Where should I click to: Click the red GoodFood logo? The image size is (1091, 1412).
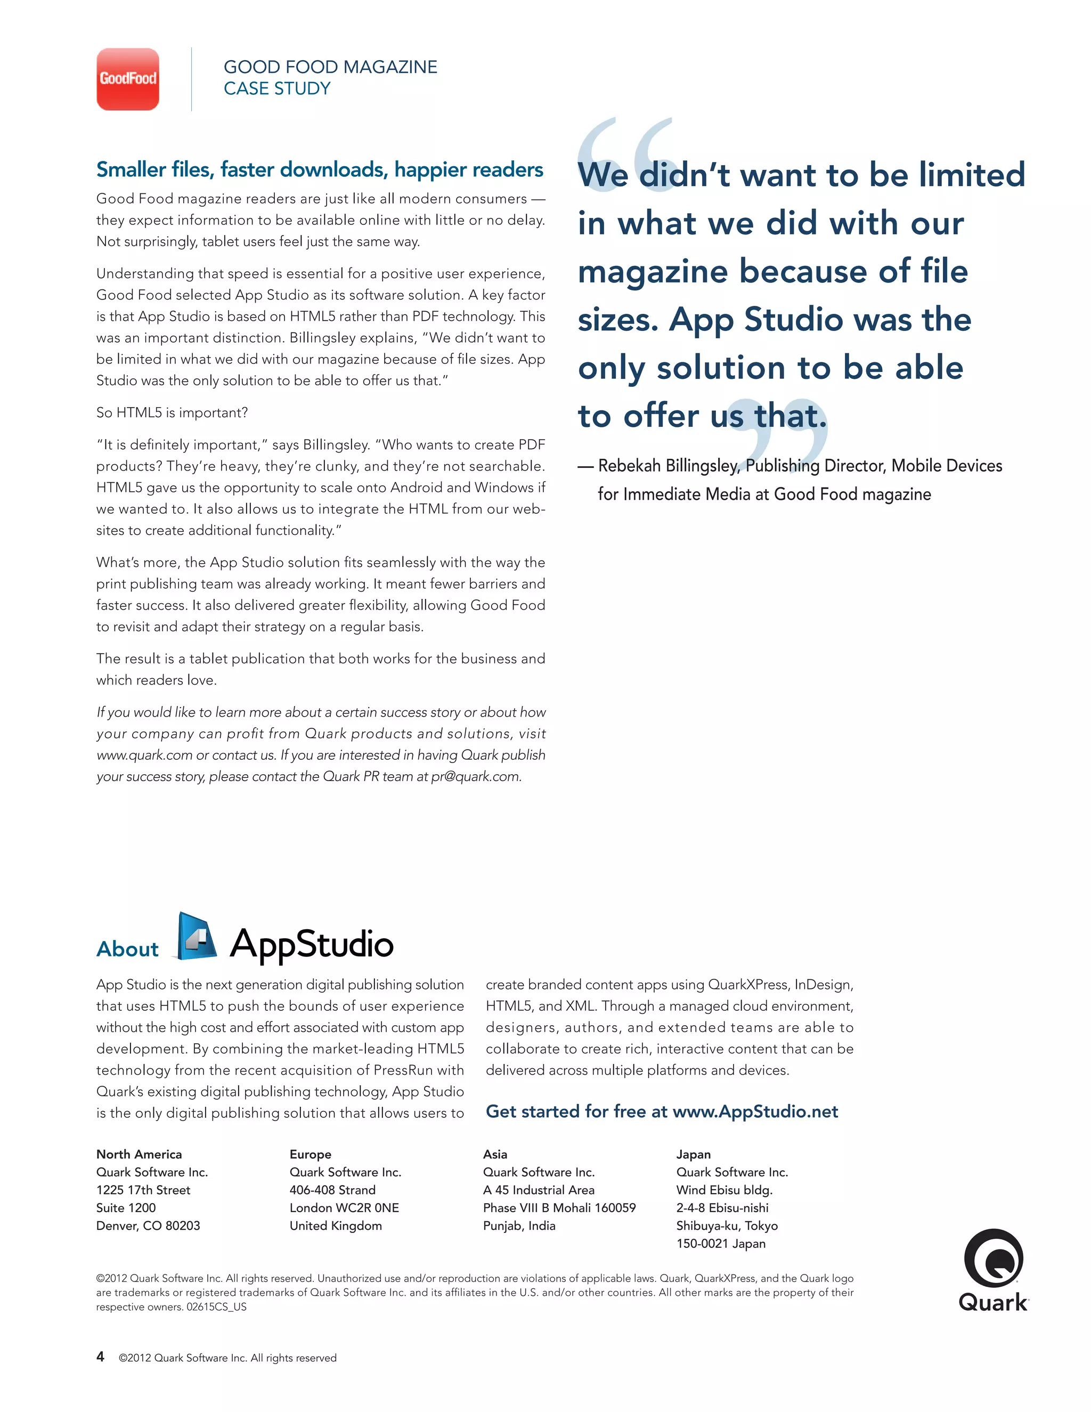[x=127, y=79]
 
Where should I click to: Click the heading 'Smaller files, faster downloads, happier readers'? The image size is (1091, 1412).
[x=319, y=169]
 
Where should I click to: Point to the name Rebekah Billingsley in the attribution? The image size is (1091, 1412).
[x=667, y=466]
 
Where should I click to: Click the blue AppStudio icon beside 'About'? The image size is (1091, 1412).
[x=196, y=937]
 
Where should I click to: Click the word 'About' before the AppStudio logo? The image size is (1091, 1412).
[x=127, y=949]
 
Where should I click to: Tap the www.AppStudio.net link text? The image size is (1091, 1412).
[x=755, y=1111]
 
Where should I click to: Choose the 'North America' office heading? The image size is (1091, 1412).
[x=139, y=1154]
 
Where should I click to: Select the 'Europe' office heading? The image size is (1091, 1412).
[x=310, y=1154]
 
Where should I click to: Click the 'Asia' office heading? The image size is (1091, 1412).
[x=495, y=1154]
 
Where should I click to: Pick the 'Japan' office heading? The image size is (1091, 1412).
[x=693, y=1154]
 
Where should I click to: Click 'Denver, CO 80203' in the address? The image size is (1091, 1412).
[x=148, y=1226]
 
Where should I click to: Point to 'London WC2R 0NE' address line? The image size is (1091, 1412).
[x=344, y=1208]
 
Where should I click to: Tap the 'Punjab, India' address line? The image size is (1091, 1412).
[x=519, y=1226]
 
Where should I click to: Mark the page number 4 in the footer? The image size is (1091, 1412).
[x=100, y=1357]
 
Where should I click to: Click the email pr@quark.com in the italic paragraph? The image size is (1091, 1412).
[x=475, y=776]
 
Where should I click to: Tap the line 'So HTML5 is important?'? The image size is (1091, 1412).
[x=172, y=412]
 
